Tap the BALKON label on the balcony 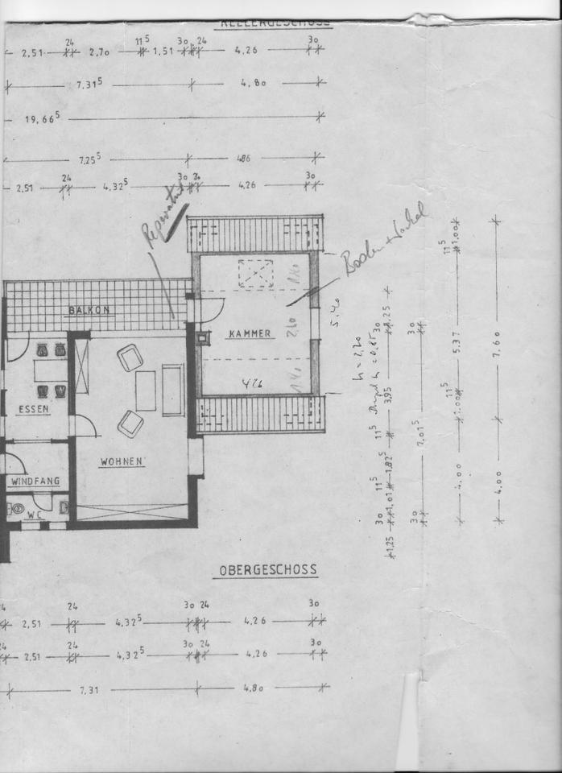(89, 310)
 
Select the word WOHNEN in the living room (122, 462)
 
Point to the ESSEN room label (33, 409)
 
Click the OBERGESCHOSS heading (268, 570)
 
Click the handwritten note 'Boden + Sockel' (383, 240)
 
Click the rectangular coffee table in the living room (146, 391)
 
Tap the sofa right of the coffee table (172, 390)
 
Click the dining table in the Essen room (49, 371)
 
